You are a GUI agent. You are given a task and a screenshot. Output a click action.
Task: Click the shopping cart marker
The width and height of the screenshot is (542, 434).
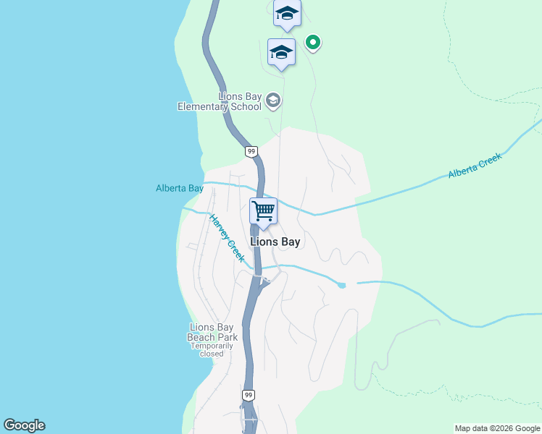(264, 210)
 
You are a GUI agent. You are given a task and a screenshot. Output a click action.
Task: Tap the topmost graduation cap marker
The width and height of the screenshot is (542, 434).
(287, 13)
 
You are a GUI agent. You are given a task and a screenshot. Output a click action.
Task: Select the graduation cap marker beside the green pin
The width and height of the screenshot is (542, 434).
(281, 52)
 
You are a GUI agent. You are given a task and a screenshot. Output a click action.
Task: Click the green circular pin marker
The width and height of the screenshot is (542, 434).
(313, 43)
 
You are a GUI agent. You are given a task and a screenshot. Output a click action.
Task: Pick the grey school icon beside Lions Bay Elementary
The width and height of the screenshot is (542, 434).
(273, 100)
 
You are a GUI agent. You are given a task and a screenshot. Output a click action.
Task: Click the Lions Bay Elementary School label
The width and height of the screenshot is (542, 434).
(220, 102)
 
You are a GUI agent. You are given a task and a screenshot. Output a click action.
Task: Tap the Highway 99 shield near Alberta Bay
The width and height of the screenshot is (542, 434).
(251, 151)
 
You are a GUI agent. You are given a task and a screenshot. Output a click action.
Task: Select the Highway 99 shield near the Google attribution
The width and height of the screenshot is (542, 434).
(249, 395)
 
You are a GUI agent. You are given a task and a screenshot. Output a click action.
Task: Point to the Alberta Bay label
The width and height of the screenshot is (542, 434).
(180, 188)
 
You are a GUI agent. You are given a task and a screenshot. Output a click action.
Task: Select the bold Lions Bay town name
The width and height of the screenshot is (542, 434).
(275, 242)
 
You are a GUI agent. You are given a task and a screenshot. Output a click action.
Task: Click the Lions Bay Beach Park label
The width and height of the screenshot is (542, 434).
(212, 332)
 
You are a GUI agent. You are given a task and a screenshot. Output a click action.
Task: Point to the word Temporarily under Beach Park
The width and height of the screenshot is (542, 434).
(212, 346)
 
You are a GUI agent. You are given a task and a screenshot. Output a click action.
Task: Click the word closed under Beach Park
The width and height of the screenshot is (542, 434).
(212, 354)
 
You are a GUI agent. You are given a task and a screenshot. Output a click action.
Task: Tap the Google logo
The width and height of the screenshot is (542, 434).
(24, 425)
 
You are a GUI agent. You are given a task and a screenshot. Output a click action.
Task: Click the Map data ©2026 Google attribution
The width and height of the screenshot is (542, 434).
(497, 428)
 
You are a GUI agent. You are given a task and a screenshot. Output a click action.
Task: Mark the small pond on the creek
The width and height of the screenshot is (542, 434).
(342, 285)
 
